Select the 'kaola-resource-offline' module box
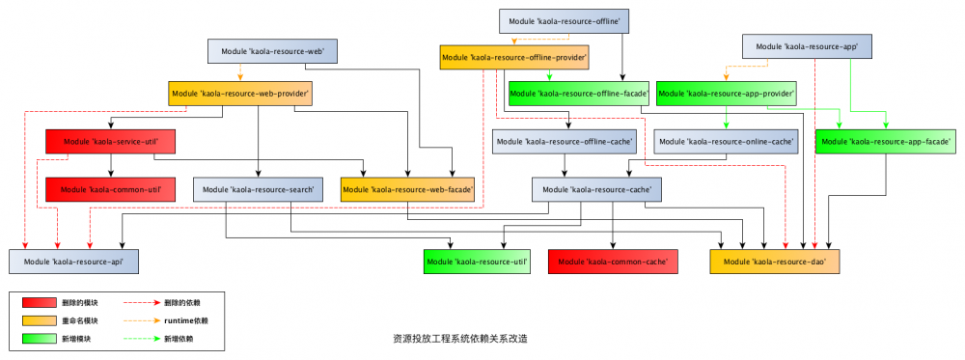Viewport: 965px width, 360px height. coord(565,21)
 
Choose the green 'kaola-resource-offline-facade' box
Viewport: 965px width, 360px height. coord(578,94)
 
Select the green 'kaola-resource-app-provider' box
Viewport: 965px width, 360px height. coord(727,94)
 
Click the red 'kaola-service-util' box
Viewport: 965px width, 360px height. coord(114,142)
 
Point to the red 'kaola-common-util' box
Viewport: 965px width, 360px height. coord(114,188)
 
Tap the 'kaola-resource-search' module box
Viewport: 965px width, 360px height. coord(257,189)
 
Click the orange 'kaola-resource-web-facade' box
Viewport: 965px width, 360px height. coord(409,189)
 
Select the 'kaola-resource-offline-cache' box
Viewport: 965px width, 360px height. coord(565,142)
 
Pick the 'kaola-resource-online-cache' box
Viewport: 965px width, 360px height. coord(726,142)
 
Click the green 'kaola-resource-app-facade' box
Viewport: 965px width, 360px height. coord(886,142)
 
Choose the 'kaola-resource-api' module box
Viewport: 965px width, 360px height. coord(73,261)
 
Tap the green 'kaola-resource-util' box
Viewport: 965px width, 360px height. coord(479,261)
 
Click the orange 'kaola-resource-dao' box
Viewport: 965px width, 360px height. coord(774,261)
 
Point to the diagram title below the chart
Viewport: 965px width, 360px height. coord(460,339)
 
